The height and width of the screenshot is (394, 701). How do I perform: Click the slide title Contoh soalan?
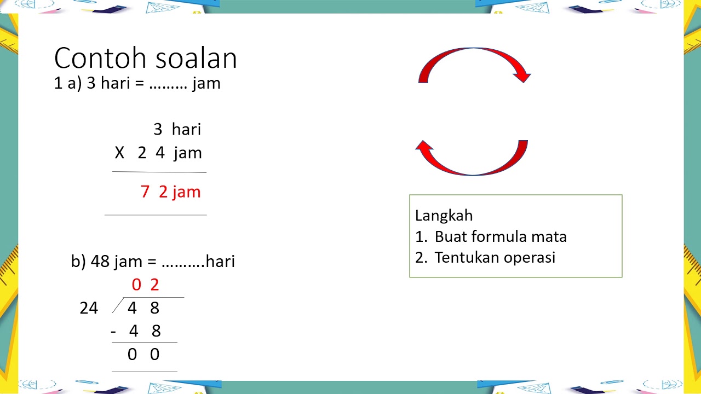coord(145,58)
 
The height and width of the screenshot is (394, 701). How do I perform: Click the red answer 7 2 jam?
coord(170,192)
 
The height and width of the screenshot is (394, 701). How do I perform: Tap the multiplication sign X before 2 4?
coord(119,153)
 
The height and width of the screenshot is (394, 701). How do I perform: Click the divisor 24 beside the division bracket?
coord(89,309)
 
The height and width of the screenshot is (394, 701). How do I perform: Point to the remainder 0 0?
coord(143,355)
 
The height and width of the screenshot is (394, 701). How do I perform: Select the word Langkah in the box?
coord(444,216)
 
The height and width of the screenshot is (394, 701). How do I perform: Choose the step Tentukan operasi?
coord(495,258)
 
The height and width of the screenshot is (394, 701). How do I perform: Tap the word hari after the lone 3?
coord(186,130)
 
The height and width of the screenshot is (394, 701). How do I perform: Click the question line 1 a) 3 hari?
coord(137,84)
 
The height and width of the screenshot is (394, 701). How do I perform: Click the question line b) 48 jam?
coord(153,262)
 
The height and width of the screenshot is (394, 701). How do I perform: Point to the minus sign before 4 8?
coord(113,332)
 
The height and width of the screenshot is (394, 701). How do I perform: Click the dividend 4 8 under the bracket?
coord(143,309)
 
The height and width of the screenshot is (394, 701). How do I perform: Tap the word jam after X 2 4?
coord(188,153)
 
